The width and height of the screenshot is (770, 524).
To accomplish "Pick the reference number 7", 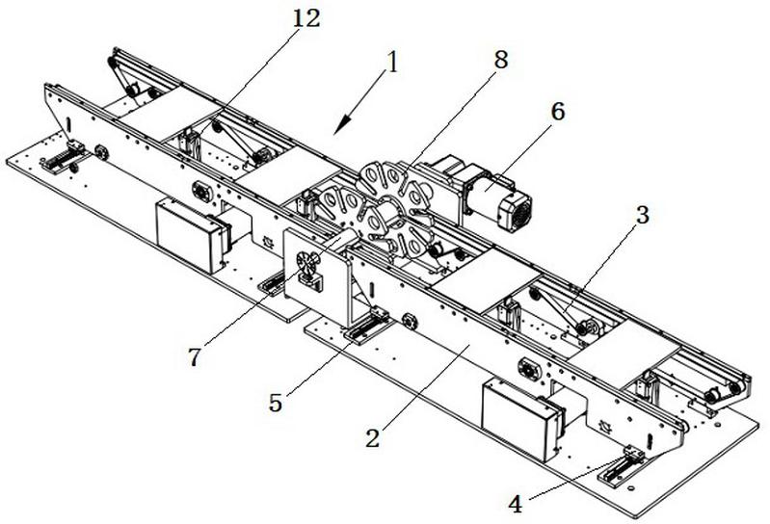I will click(x=196, y=356).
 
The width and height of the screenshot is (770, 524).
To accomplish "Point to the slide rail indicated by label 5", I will click(x=366, y=327).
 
